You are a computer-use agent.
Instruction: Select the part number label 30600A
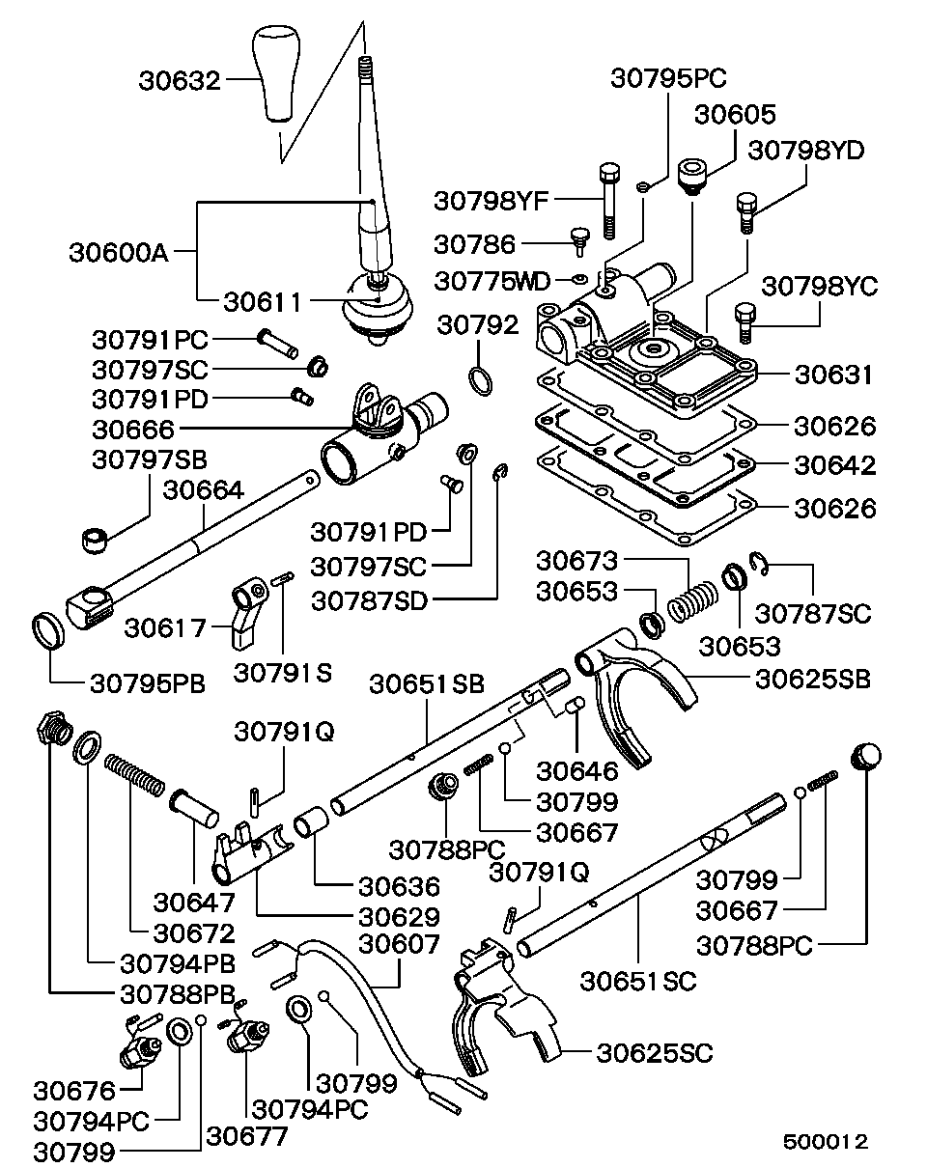[119, 254]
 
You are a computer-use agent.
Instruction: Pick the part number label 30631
[835, 375]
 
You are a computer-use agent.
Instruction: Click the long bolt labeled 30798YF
[607, 200]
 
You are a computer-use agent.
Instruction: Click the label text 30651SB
[427, 683]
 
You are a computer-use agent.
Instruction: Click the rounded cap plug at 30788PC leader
[865, 754]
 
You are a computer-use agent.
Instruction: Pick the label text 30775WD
[492, 281]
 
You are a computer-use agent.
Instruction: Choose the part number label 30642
[835, 465]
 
